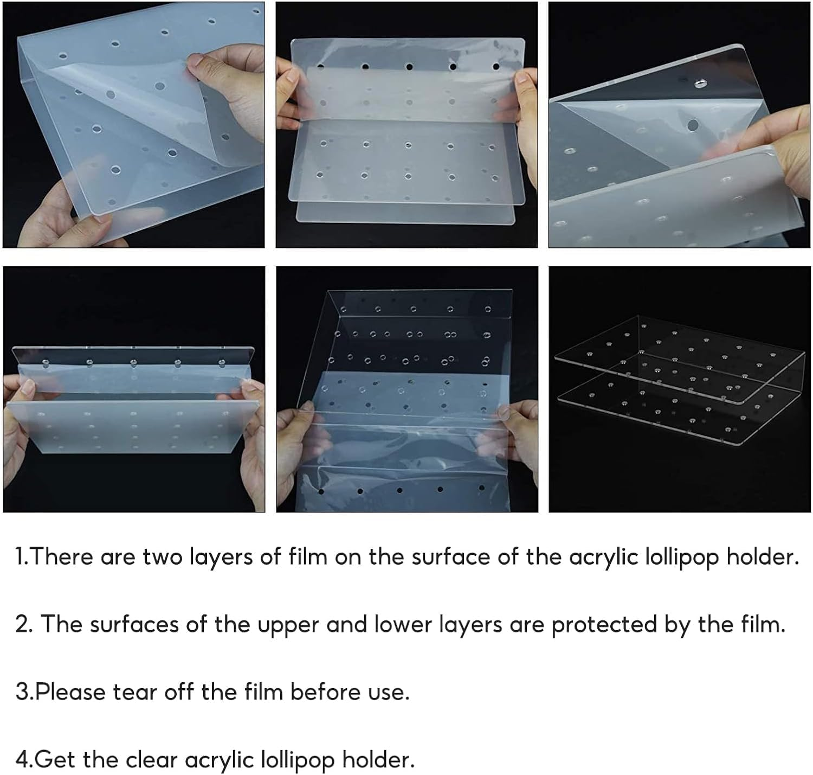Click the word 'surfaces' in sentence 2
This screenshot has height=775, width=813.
[x=134, y=625]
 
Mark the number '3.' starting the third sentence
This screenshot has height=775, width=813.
[x=23, y=692]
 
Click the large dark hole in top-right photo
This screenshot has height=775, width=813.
[x=693, y=125]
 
